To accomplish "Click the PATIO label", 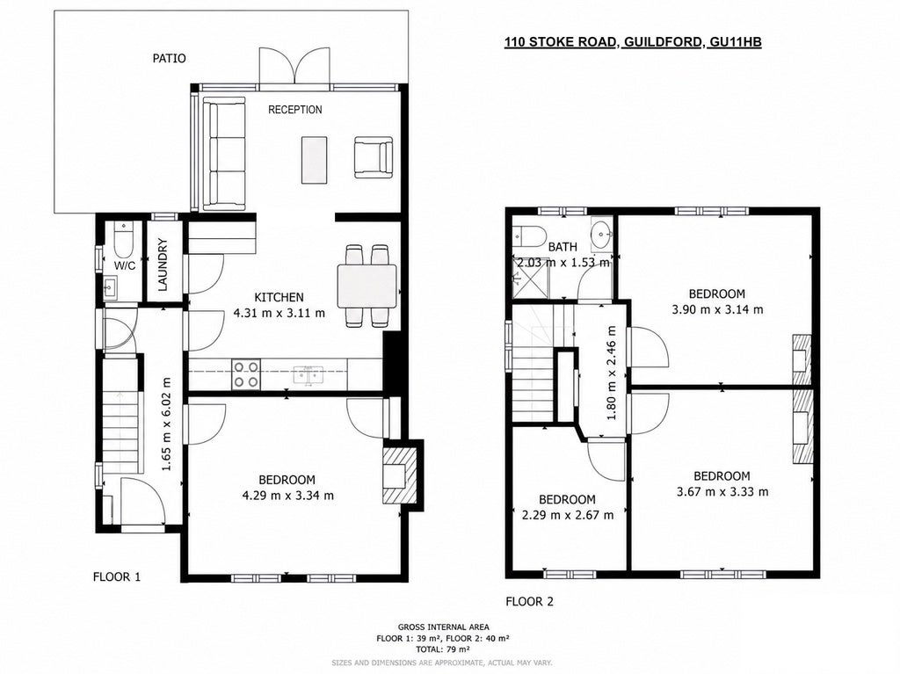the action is coord(169,59).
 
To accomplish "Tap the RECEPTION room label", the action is coord(295,110).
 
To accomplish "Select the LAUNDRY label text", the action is coord(163,265).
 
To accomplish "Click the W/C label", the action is coord(125,265).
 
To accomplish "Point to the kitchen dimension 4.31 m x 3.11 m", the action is coord(279,314).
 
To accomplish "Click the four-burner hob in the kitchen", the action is coord(246,373).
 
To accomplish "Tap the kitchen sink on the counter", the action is coord(308,375).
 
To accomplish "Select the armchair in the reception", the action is coord(374,157).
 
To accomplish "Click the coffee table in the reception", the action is coord(314,160).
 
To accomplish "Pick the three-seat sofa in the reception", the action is coord(224,153).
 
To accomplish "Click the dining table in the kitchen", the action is coord(367,286).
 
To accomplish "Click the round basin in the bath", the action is coord(601,235).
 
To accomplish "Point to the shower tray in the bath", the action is coord(528,279).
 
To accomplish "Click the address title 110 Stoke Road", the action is coord(633,42).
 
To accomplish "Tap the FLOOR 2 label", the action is coord(529,602).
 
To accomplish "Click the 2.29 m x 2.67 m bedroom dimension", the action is coord(568,515).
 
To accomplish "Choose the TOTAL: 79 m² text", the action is coord(443,649).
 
